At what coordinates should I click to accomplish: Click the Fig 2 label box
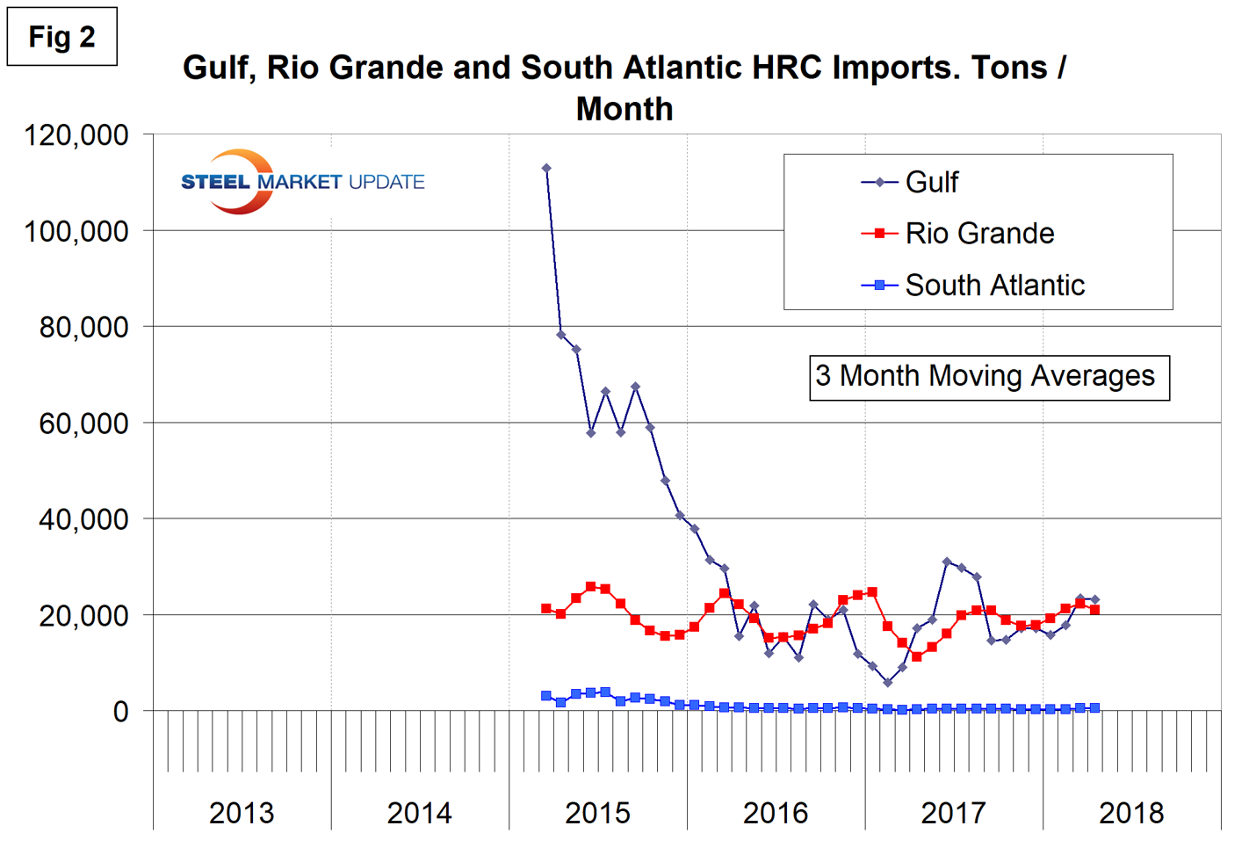point(61,37)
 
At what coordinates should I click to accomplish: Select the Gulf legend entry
point(931,182)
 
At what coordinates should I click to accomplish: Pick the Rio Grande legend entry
point(978,234)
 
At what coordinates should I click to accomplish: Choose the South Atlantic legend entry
point(993,285)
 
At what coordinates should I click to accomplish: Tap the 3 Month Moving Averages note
point(988,377)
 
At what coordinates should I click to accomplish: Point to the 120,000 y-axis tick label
point(77,135)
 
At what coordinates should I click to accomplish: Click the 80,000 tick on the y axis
point(84,327)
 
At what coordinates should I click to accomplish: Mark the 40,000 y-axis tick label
point(84,519)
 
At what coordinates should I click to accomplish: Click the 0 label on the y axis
point(121,711)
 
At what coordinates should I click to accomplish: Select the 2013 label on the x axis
point(242,813)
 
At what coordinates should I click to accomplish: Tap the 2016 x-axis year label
point(776,813)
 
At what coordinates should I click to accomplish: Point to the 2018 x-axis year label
point(1131,813)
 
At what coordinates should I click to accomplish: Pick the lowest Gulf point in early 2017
point(888,683)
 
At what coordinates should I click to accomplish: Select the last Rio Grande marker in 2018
point(1094,610)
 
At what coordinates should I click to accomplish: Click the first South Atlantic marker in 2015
point(546,696)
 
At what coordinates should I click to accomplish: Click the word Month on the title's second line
point(624,110)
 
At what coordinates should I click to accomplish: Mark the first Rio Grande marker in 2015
point(546,609)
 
